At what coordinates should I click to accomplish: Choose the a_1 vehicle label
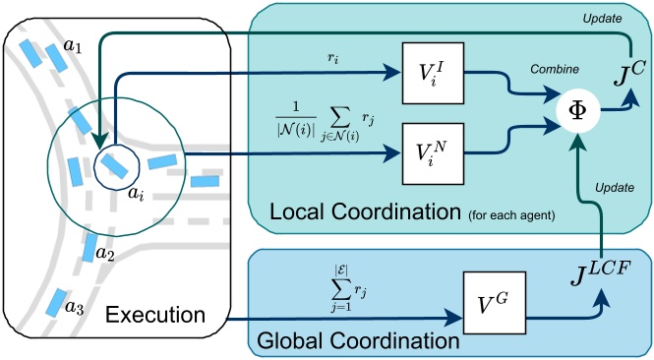point(74,45)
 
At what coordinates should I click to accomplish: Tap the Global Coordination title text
point(358,342)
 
